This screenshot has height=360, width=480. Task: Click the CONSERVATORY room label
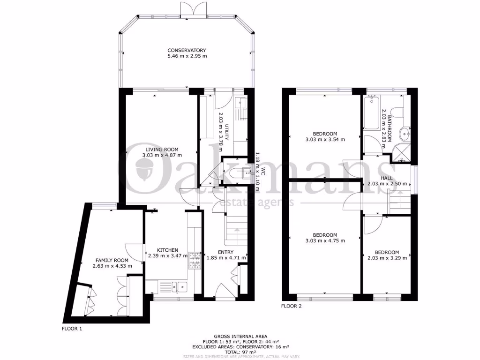click(187, 50)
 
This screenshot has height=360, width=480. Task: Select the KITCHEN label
click(167, 250)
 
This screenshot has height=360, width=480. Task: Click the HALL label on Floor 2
click(387, 178)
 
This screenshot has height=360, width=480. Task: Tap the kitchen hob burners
click(195, 261)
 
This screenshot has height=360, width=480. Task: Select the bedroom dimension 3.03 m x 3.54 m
click(325, 139)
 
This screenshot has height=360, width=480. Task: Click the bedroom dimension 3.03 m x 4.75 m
click(325, 241)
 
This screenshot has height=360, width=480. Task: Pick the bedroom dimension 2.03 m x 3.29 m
click(387, 257)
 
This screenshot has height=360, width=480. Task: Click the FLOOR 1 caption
click(72, 329)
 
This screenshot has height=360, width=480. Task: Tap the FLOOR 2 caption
click(292, 307)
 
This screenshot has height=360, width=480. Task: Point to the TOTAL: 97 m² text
click(240, 352)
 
